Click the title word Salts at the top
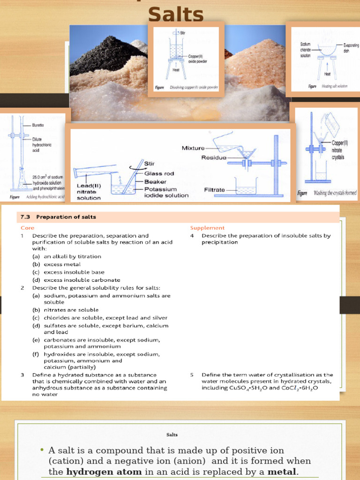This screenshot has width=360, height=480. tap(176, 14)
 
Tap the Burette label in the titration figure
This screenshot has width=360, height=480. tap(38, 126)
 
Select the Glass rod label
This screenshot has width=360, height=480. tap(159, 173)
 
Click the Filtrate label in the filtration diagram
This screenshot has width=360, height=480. tap(216, 190)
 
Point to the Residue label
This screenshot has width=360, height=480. tap(214, 158)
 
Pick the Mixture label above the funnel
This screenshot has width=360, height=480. tap(193, 148)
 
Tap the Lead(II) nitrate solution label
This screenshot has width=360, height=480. tap(89, 191)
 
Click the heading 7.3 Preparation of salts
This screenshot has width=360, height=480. tap(59, 217)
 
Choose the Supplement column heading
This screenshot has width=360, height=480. tap(207, 228)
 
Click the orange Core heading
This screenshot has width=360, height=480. tap(28, 228)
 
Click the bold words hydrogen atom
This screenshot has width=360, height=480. tap(96, 472)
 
